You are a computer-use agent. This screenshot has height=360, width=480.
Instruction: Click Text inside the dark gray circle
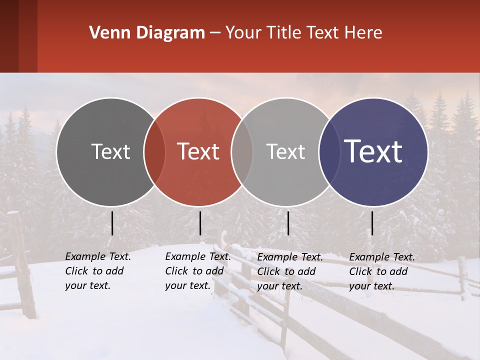[x=110, y=151]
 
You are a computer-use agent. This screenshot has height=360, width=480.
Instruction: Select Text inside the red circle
[x=198, y=151]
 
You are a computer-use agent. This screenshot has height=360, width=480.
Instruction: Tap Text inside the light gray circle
[x=285, y=151]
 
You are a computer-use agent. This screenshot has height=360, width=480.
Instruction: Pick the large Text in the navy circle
[x=373, y=151]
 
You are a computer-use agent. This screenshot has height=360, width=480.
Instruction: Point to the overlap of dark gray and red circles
[x=154, y=152]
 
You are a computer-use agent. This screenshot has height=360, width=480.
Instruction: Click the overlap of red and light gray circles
[x=242, y=152]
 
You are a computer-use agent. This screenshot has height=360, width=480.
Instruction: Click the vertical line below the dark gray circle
[x=112, y=223]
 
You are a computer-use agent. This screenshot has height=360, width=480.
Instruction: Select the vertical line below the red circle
[x=200, y=223]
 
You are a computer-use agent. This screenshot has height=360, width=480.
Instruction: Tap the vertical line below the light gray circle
[x=288, y=223]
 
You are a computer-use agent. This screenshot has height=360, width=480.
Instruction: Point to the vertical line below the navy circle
[x=372, y=223]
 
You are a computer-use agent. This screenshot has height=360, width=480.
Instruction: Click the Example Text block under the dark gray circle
[x=98, y=271]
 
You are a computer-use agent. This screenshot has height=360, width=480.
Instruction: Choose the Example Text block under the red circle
[x=198, y=271]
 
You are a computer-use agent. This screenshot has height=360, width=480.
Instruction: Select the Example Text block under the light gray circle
[x=290, y=271]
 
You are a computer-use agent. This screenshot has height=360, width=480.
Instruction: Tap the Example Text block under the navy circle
[x=382, y=271]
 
